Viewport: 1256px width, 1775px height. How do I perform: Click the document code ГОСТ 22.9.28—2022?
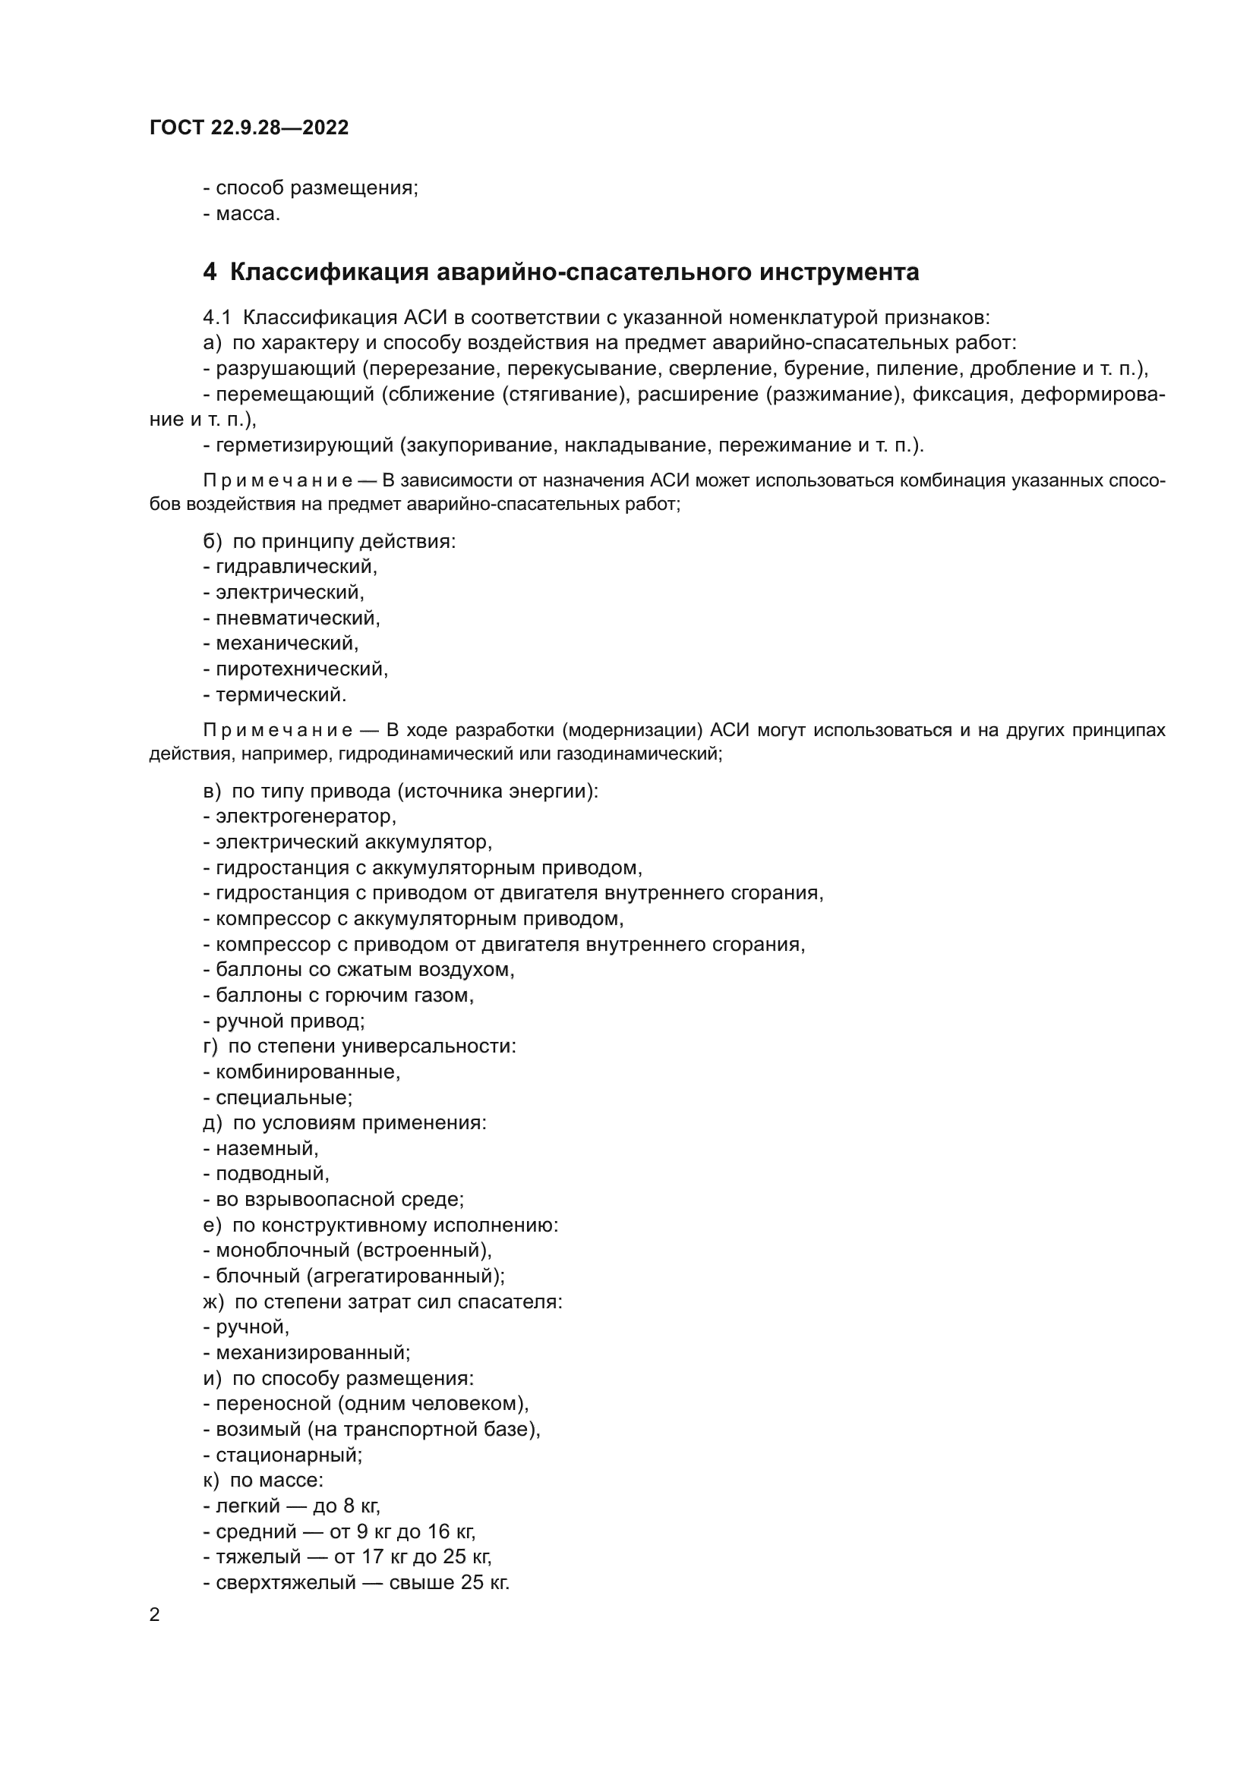tap(249, 127)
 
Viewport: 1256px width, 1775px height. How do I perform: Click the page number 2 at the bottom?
tap(155, 1615)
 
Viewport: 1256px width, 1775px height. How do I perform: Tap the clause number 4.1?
tap(216, 318)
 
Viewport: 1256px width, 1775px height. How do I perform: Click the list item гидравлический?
tap(295, 567)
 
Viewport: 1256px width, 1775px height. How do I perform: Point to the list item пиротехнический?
tap(301, 669)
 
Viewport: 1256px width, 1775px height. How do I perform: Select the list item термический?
tap(280, 694)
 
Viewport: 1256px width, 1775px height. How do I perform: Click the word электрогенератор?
tap(305, 817)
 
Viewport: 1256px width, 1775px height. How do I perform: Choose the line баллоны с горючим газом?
tap(343, 995)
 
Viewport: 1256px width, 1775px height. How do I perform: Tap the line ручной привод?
tap(289, 1021)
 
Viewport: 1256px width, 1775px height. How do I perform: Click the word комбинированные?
tap(307, 1072)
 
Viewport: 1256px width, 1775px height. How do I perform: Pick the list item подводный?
tap(271, 1173)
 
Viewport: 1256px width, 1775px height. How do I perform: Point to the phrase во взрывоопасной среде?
tap(339, 1199)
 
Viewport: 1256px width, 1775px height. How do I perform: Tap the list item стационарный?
tap(288, 1454)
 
